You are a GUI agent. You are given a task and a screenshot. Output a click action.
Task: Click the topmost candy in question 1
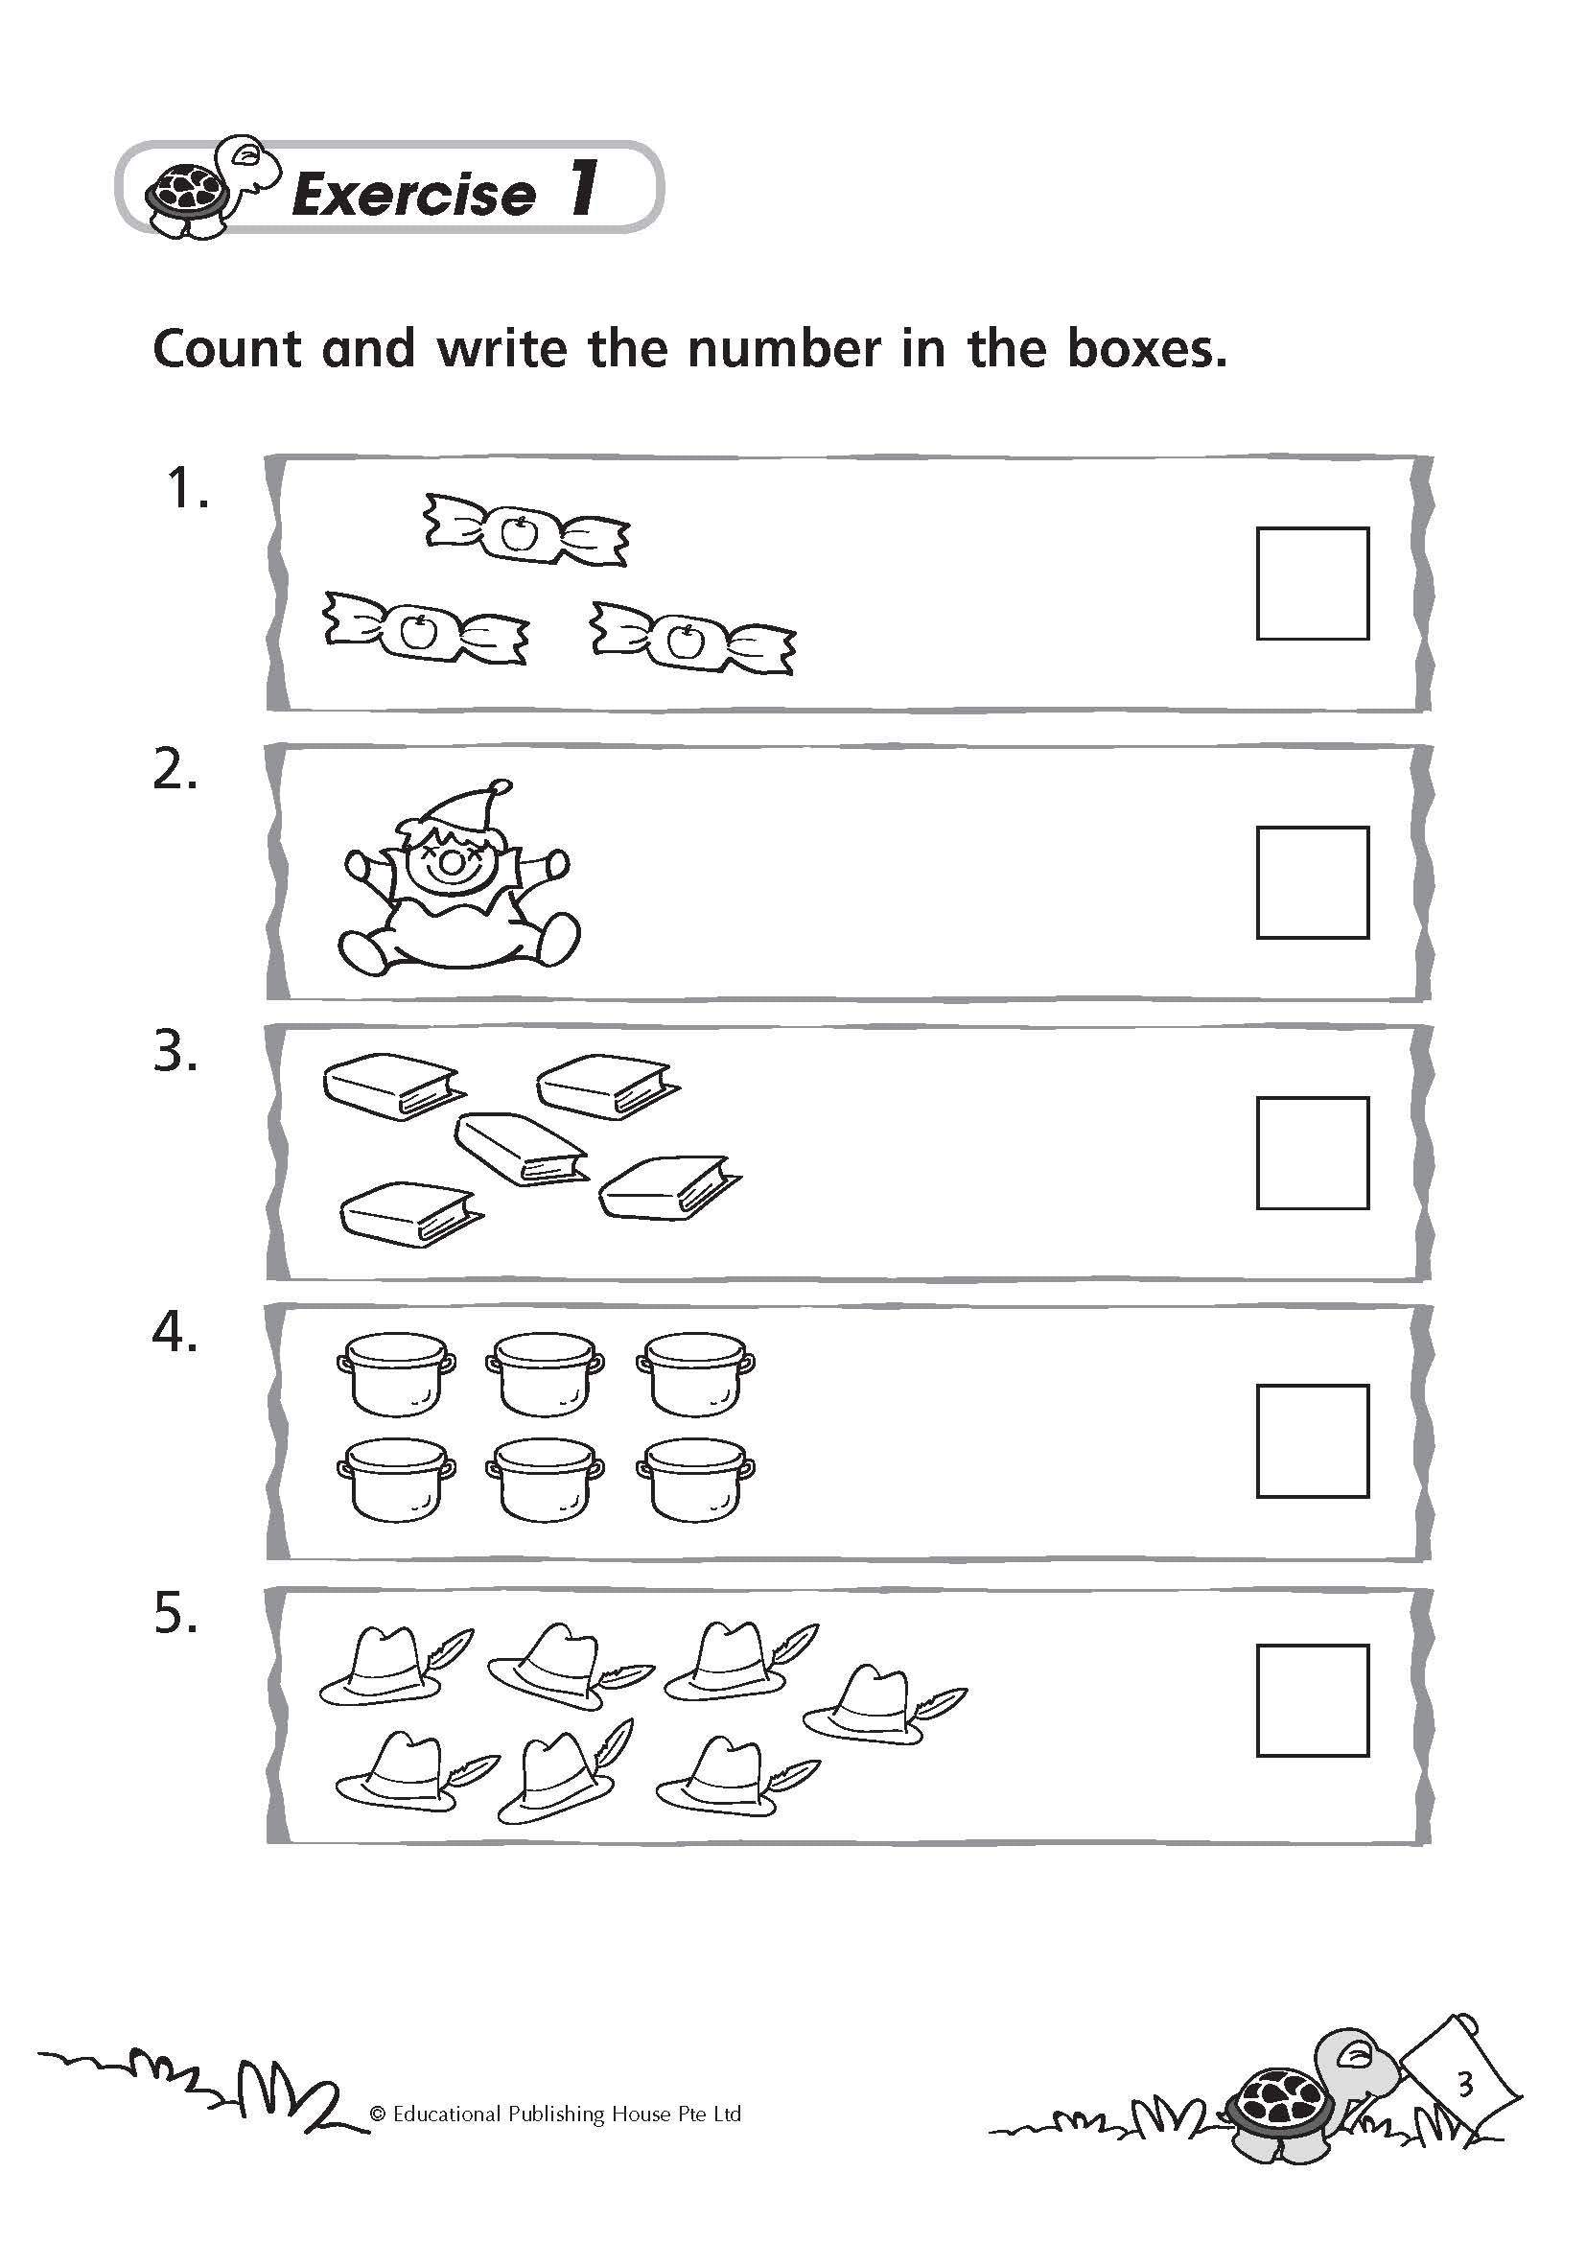coord(526,529)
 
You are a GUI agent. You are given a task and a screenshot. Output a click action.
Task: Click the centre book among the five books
coord(523,1149)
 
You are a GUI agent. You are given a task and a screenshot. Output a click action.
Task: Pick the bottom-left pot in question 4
coord(395,1479)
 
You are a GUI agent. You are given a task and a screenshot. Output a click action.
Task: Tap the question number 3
coord(175,1053)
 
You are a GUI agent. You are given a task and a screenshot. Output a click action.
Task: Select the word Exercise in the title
coord(414,195)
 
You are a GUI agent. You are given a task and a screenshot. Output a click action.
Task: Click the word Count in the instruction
coord(227,349)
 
